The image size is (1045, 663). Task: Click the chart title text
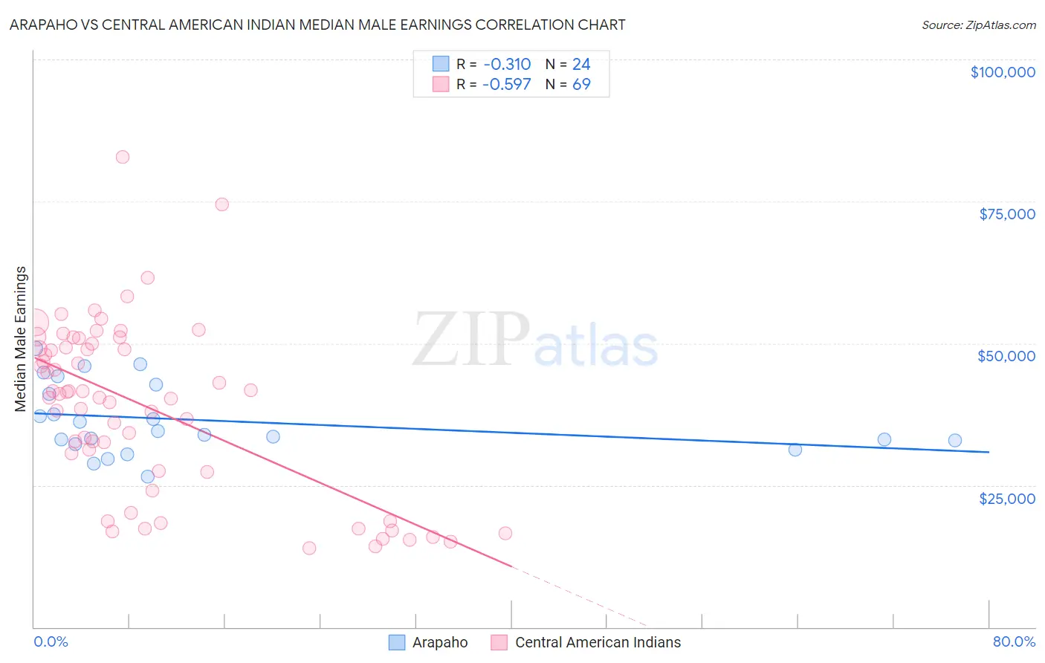(317, 25)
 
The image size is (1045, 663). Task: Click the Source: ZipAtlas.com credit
(978, 25)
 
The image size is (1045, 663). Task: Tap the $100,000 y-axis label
(1003, 72)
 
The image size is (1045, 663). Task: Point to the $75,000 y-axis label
(1007, 214)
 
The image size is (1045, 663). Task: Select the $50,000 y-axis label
(1006, 356)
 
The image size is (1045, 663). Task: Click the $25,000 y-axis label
(1007, 498)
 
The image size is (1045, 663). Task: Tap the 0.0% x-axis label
(51, 641)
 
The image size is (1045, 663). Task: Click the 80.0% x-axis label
(1014, 641)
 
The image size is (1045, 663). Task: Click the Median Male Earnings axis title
(21, 339)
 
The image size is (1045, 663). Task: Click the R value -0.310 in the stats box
(506, 64)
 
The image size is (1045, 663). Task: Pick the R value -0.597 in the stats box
(506, 84)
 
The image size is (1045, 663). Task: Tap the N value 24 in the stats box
(581, 64)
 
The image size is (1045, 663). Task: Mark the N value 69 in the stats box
(581, 84)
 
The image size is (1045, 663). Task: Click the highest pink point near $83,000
(123, 157)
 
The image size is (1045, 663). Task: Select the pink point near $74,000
(221, 204)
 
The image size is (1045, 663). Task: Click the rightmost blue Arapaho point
(955, 441)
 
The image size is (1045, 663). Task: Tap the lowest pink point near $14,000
(309, 549)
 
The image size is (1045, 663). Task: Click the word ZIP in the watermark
(471, 340)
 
